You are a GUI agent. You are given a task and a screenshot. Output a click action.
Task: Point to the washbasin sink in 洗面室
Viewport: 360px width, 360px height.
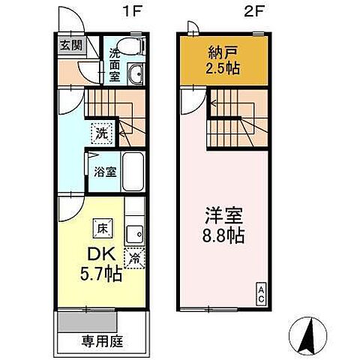point(136,74)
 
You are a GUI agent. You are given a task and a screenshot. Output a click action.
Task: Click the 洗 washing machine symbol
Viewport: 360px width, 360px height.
point(101,134)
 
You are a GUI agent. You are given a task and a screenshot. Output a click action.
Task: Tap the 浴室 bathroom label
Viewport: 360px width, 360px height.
point(103,172)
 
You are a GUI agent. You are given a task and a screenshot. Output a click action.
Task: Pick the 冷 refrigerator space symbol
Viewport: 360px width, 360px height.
point(135,258)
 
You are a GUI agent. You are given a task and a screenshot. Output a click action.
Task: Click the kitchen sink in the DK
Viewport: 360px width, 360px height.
point(136,233)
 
